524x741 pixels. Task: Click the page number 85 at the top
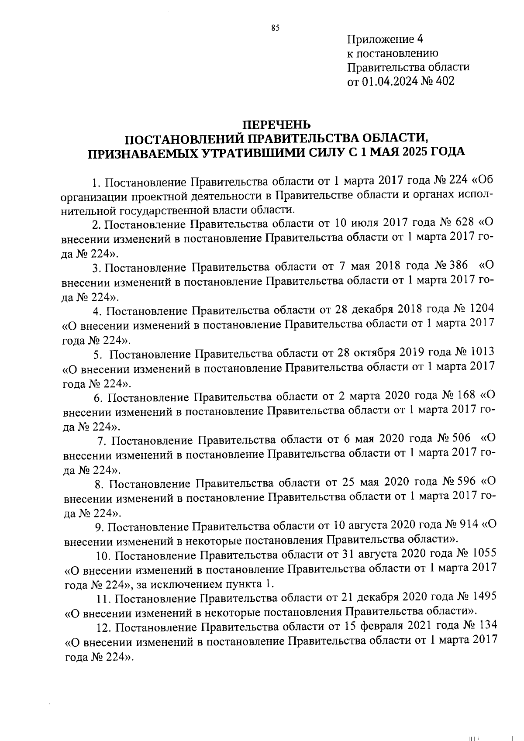point(275,28)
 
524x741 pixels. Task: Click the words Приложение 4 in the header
point(385,40)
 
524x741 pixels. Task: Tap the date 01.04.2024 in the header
point(387,81)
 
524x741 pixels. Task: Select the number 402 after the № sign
point(444,81)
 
